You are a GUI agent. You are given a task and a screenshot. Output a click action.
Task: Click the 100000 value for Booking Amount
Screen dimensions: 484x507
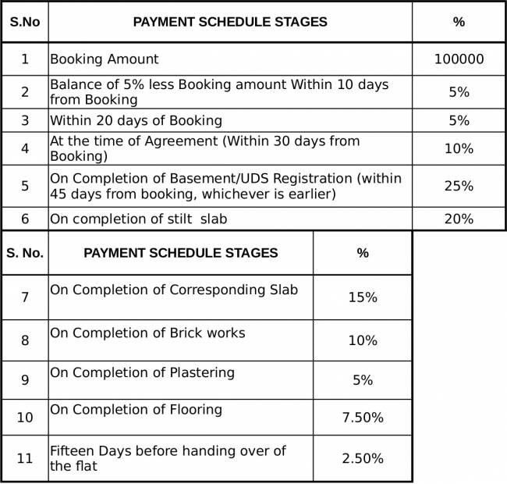point(459,59)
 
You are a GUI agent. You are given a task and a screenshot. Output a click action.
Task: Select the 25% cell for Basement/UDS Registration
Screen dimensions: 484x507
point(459,186)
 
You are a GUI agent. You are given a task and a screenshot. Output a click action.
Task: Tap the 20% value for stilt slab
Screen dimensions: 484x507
point(459,219)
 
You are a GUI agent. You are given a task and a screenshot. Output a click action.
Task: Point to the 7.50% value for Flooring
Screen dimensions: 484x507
point(362,418)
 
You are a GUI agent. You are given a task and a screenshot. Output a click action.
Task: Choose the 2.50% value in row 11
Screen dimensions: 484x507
point(362,458)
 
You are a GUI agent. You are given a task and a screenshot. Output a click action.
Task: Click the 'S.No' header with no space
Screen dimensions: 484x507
point(24,22)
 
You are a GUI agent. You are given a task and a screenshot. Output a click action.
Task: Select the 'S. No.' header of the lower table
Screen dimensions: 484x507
point(25,253)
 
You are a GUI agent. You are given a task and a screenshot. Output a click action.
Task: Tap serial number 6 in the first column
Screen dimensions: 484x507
point(24,219)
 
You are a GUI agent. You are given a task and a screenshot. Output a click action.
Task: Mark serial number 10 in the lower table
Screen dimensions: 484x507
point(25,418)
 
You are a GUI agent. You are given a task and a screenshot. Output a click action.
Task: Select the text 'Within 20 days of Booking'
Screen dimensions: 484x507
point(136,121)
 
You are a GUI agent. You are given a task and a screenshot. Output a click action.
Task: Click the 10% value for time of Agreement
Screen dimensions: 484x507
point(459,148)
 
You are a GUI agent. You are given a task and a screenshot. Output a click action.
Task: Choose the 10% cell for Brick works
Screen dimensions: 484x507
point(362,340)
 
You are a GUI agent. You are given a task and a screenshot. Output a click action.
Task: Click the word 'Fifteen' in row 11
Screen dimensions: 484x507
point(73,451)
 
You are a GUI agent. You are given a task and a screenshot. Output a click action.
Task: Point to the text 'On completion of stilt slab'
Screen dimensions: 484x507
point(138,219)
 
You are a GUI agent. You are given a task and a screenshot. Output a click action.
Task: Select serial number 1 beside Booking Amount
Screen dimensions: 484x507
point(24,59)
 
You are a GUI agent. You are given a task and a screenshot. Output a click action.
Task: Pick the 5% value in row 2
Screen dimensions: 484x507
point(459,92)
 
